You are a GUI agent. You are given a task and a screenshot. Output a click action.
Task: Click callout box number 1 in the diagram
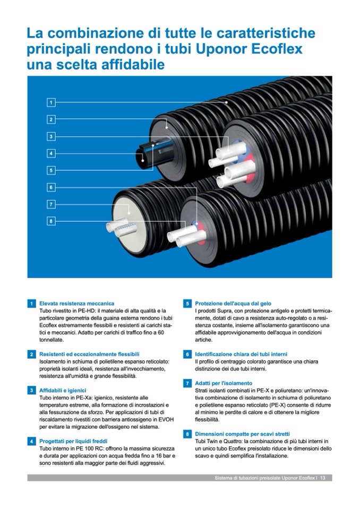(x=51, y=102)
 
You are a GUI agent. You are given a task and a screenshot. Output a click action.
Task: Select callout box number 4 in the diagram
(x=51, y=153)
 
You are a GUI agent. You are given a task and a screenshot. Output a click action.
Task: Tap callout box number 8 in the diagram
(x=51, y=221)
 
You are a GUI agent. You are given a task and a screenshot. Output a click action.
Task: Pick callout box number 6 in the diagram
(x=51, y=187)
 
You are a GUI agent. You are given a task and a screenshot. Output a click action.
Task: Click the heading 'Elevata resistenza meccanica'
(x=76, y=304)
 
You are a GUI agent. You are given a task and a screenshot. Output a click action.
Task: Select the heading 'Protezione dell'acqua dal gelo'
(x=233, y=304)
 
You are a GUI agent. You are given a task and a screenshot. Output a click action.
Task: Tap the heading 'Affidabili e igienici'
(x=63, y=391)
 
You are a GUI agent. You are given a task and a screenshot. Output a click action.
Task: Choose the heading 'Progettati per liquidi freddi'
(x=73, y=441)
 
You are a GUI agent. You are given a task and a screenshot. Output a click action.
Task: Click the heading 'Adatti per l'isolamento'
(x=224, y=383)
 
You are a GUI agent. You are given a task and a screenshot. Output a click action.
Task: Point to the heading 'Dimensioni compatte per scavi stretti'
(x=243, y=434)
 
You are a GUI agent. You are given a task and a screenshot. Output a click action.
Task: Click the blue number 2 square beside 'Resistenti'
(x=31, y=354)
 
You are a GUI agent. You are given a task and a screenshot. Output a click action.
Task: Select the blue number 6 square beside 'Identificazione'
(x=187, y=354)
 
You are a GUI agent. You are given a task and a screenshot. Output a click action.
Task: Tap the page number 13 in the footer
(x=323, y=478)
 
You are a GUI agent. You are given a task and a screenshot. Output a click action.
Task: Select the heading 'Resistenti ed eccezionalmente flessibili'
(x=89, y=354)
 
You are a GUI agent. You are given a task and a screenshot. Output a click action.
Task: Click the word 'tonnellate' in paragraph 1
(x=52, y=340)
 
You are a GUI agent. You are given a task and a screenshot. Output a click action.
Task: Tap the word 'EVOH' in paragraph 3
(x=166, y=419)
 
